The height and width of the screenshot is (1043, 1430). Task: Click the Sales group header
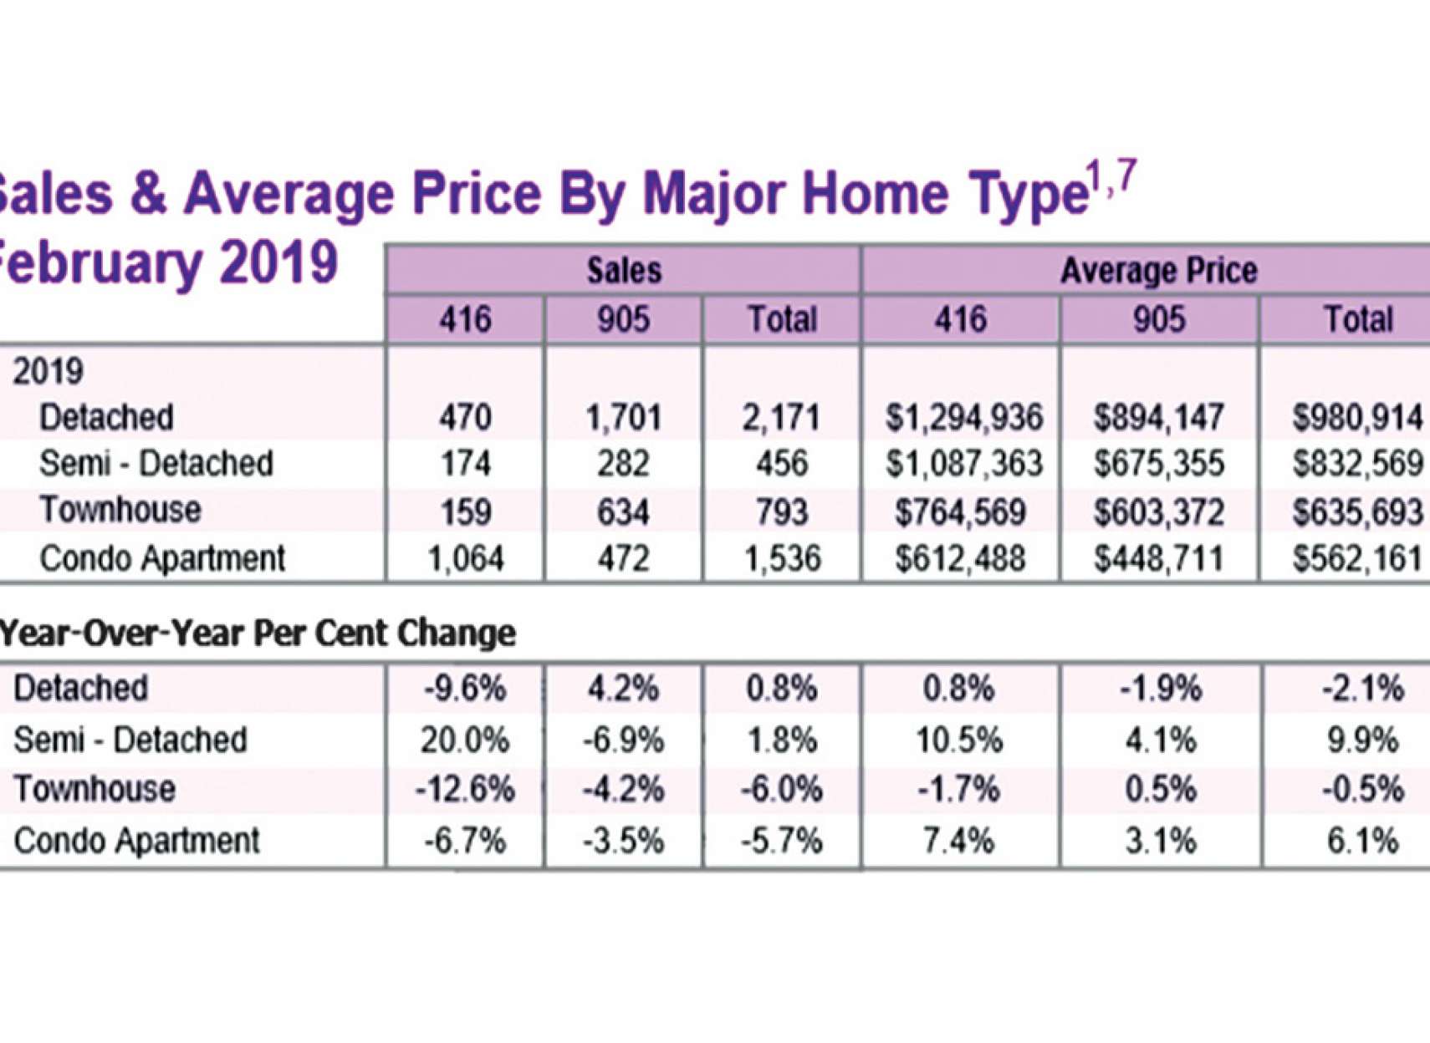(623, 270)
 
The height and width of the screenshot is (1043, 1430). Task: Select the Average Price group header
(1158, 270)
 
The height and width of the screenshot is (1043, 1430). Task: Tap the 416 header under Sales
(465, 319)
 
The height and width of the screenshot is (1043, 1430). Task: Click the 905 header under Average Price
(1158, 319)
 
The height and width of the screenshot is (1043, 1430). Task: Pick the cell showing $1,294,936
(963, 417)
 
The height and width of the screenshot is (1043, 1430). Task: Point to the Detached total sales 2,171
(781, 417)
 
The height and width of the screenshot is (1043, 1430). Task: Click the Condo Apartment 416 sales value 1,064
(465, 558)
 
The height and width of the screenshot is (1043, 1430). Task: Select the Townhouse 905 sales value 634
(623, 511)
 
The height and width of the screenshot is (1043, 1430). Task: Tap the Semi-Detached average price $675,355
(1158, 464)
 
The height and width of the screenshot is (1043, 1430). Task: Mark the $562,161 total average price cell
(1357, 558)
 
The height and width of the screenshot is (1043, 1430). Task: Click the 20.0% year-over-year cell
(465, 740)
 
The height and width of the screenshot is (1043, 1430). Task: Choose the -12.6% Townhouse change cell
(465, 790)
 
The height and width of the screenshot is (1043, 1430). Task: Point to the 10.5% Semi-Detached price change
(958, 740)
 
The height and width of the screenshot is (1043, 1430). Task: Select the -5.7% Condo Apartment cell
(781, 841)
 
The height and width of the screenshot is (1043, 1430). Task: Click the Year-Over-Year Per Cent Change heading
(258, 633)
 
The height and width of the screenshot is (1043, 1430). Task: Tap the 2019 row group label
(48, 371)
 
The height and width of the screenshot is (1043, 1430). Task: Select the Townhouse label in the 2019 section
(120, 510)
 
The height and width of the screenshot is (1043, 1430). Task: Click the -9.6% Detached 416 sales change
(465, 689)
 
